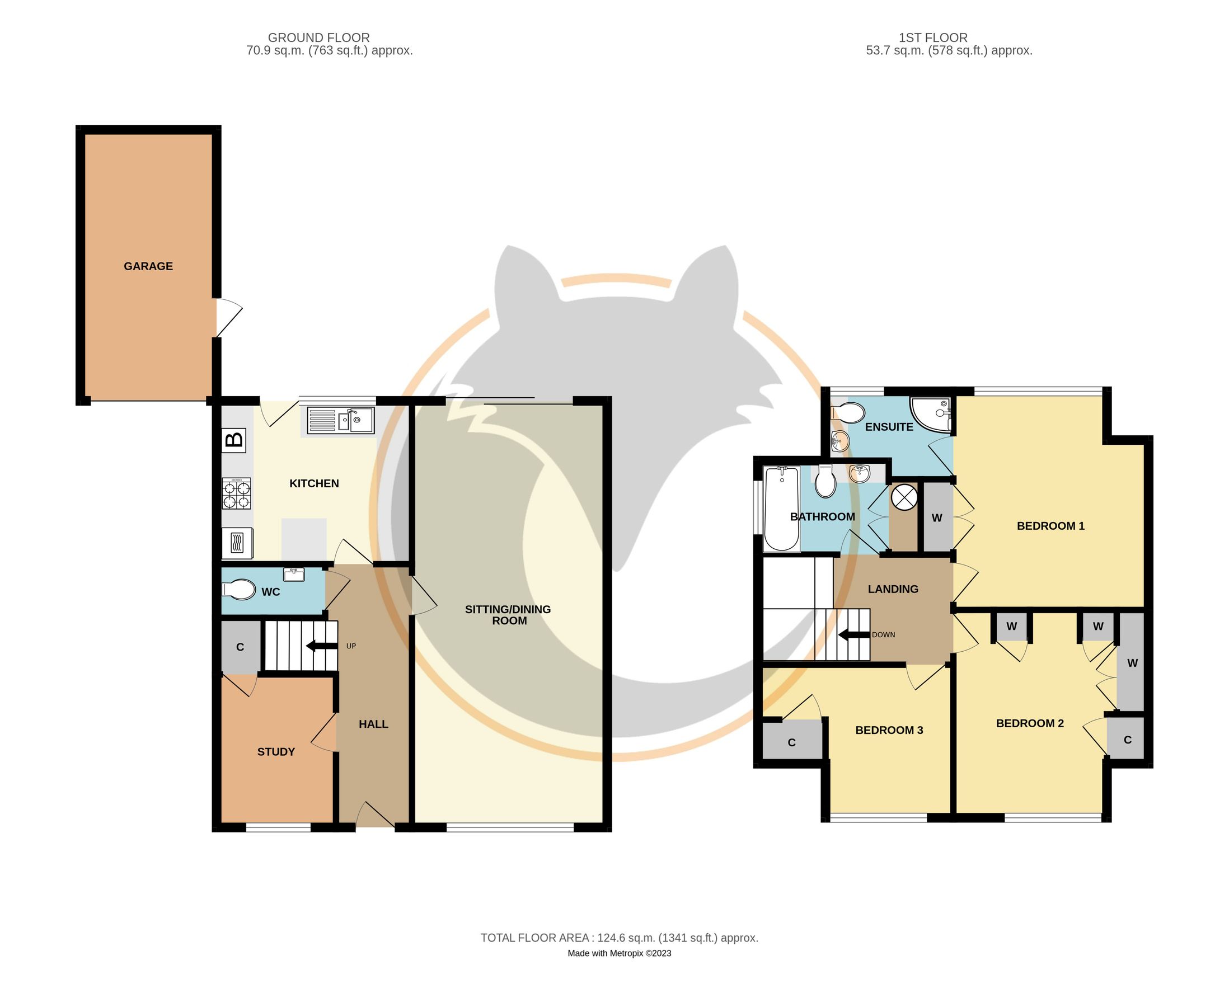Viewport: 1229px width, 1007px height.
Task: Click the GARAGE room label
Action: (148, 266)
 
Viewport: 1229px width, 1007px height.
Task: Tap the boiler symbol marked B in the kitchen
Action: (234, 440)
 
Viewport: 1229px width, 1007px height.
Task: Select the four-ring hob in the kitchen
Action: (236, 493)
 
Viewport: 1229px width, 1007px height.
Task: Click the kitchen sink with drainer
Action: (340, 420)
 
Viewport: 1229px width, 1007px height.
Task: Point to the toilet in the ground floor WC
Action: (238, 591)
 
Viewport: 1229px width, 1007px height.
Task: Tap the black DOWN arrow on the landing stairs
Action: (853, 635)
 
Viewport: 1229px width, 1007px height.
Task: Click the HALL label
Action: (373, 724)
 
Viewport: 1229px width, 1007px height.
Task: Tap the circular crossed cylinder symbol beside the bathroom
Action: (904, 498)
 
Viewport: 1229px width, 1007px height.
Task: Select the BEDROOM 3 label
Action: (888, 730)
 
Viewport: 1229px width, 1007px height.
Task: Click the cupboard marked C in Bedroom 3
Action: (791, 742)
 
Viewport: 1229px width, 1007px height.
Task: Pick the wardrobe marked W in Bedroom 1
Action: (936, 518)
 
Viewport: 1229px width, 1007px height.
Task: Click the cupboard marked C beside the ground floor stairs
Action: (240, 647)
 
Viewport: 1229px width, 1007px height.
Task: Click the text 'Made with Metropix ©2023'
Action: (618, 953)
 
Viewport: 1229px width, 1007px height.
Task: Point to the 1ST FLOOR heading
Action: (932, 37)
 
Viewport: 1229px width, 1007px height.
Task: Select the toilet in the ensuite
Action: (849, 413)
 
